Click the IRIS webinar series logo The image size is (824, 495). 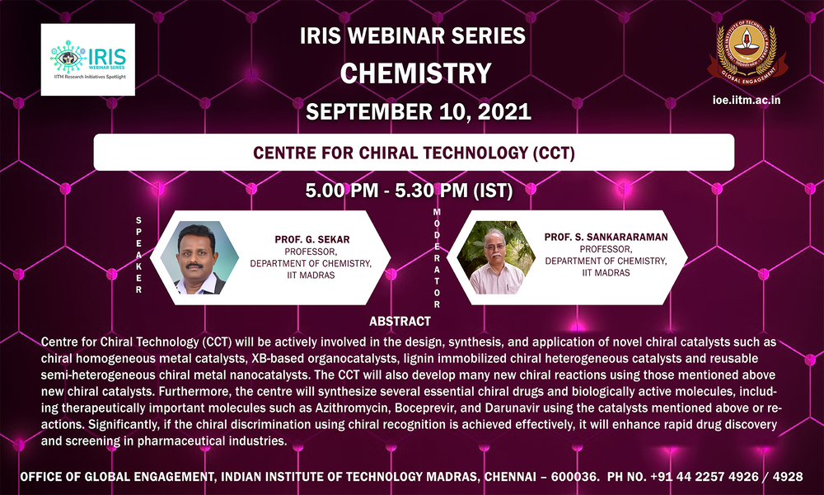point(88,59)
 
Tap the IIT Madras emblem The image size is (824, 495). point(747,53)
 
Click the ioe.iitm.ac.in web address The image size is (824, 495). point(747,100)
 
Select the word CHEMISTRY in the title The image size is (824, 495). point(415,73)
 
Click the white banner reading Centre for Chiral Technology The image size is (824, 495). point(414,152)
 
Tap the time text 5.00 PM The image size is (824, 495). point(342,191)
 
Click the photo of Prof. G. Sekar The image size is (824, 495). point(199,257)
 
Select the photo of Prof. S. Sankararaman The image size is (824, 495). point(496,257)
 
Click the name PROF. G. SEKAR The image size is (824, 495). point(311,239)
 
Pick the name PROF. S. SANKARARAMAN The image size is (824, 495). point(606,237)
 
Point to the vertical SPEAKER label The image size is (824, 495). point(138,255)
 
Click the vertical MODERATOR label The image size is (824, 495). point(437,257)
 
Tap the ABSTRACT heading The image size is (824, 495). point(400,321)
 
